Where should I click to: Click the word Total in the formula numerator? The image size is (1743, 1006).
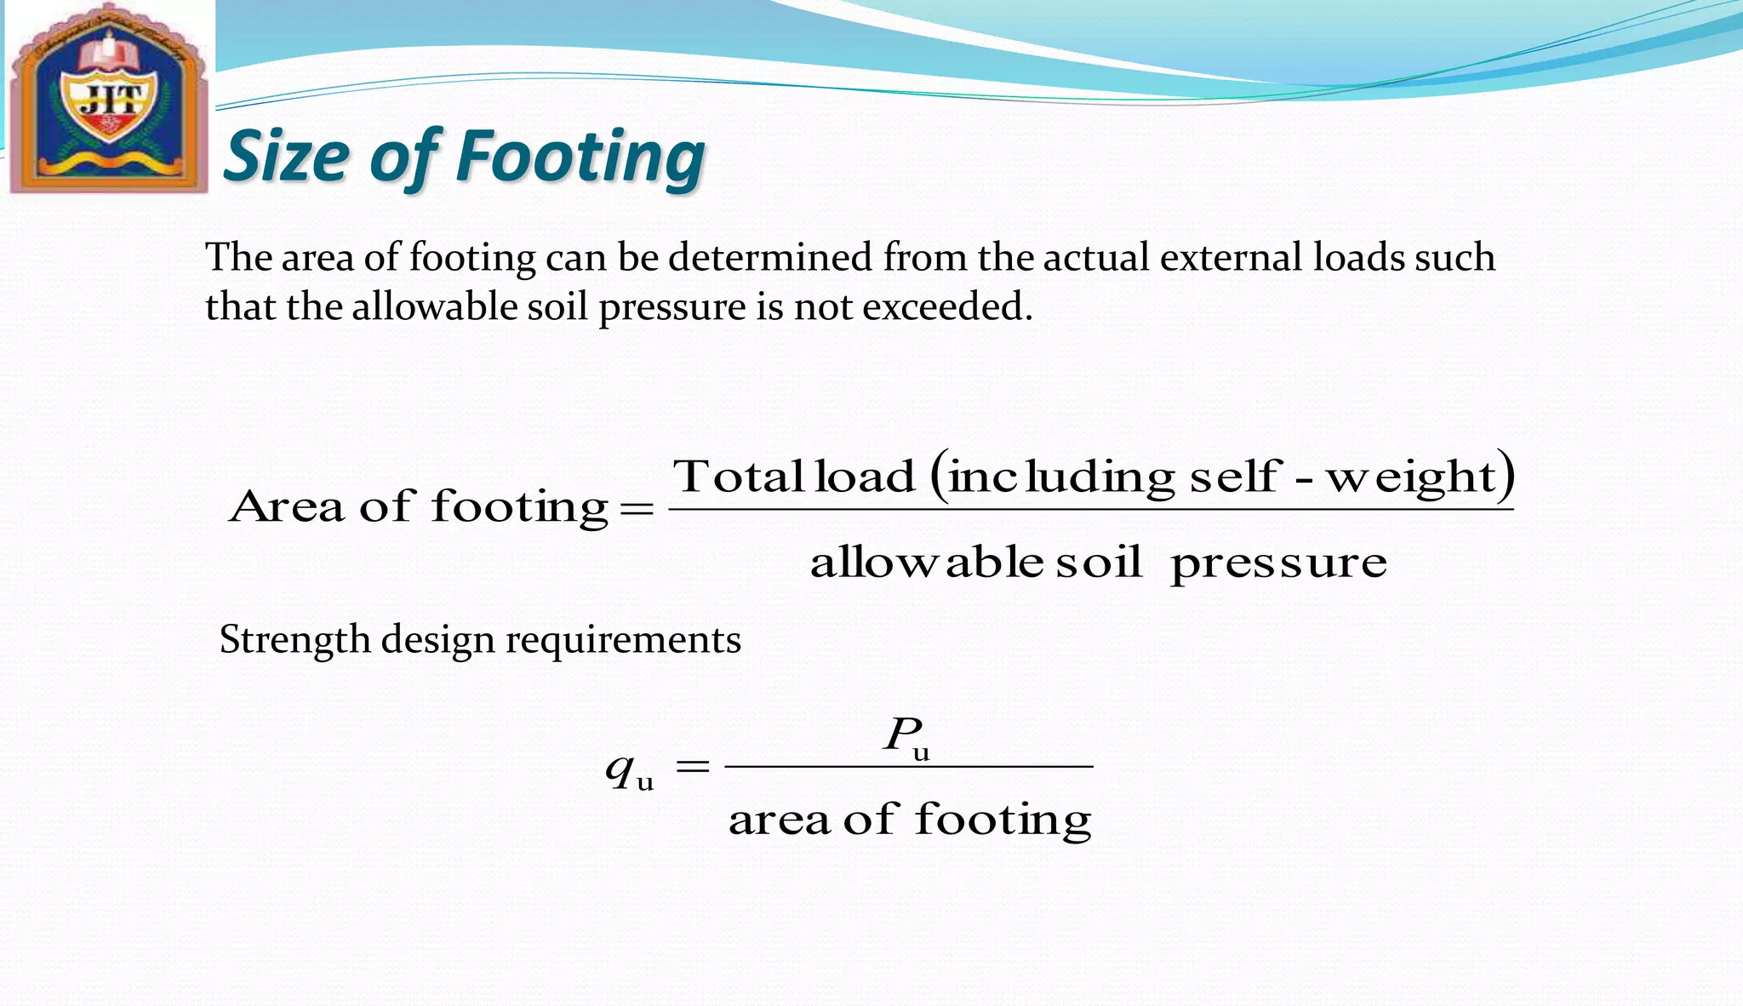tap(738, 476)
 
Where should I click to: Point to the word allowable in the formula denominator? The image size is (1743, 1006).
tap(927, 562)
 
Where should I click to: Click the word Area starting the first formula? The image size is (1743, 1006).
tap(287, 506)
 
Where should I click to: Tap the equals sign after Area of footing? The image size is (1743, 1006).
tap(637, 509)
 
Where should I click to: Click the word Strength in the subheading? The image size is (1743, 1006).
tap(294, 639)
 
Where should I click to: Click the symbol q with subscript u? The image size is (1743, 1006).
tap(628, 769)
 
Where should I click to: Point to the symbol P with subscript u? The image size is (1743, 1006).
tap(906, 735)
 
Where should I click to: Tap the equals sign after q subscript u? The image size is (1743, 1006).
tap(692, 767)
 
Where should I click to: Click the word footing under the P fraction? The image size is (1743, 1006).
tap(1003, 820)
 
